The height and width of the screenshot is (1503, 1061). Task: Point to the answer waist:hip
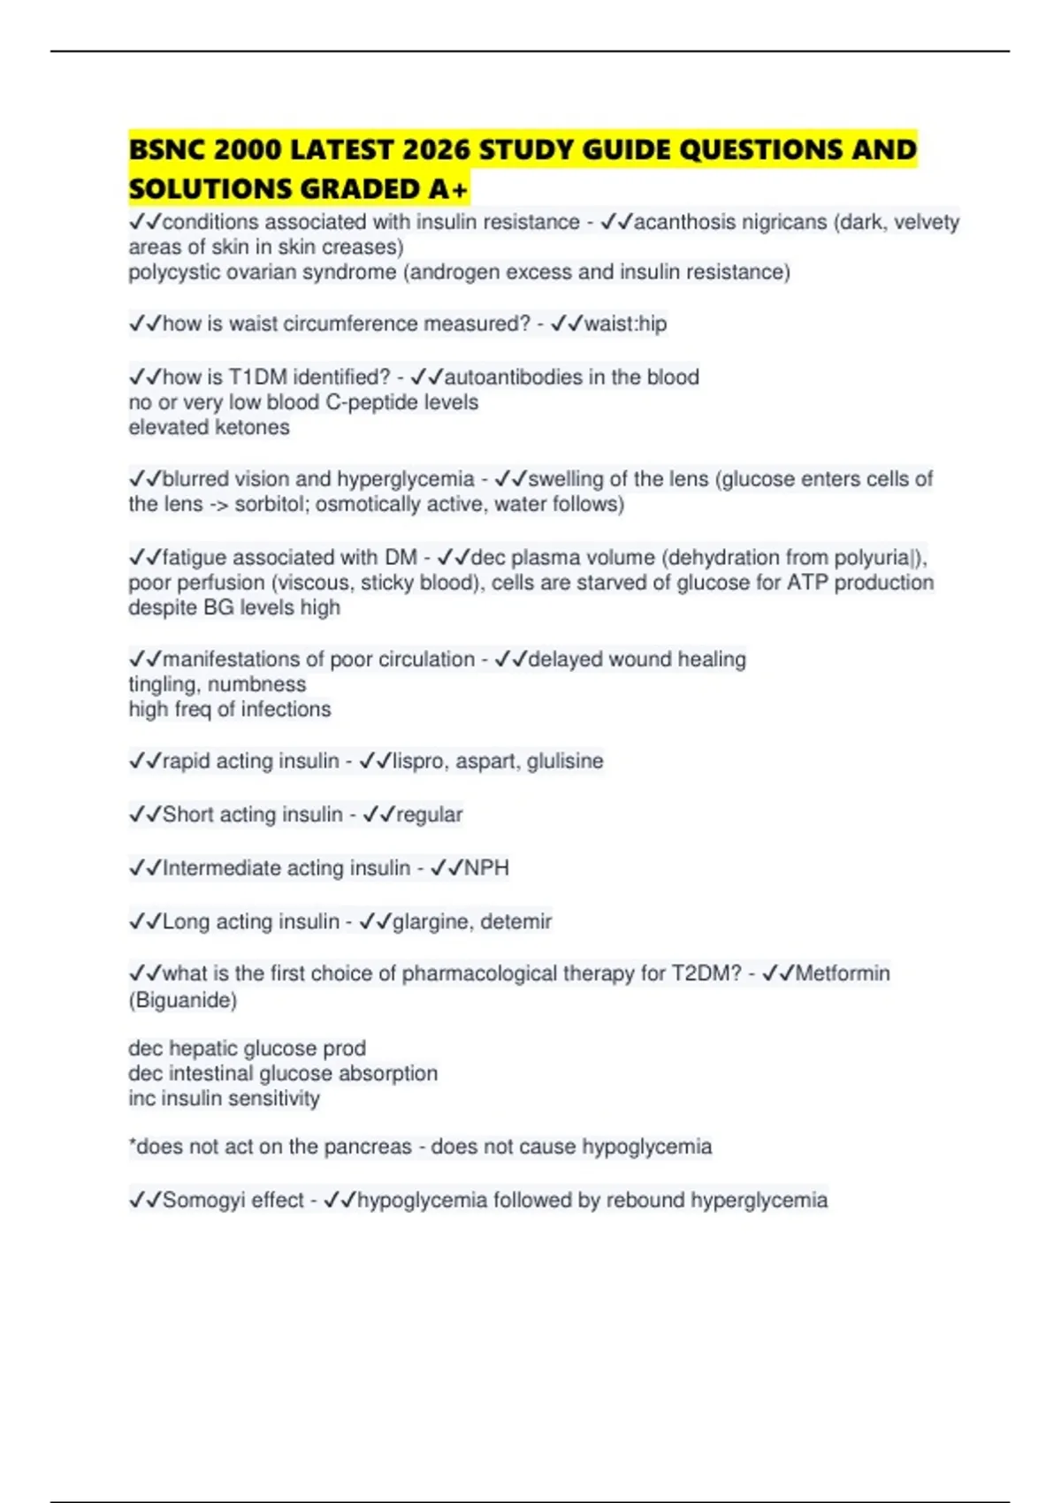tap(625, 324)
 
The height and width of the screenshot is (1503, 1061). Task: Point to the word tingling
tap(163, 684)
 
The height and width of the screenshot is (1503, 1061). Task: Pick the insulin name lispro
tap(418, 761)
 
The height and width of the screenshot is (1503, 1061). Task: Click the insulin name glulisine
tap(565, 761)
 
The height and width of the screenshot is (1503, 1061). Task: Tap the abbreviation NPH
tap(487, 868)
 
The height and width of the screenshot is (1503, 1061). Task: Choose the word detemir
tap(516, 922)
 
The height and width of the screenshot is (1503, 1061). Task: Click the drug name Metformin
tap(843, 973)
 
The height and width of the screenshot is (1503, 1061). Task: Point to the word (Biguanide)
tap(183, 1000)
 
